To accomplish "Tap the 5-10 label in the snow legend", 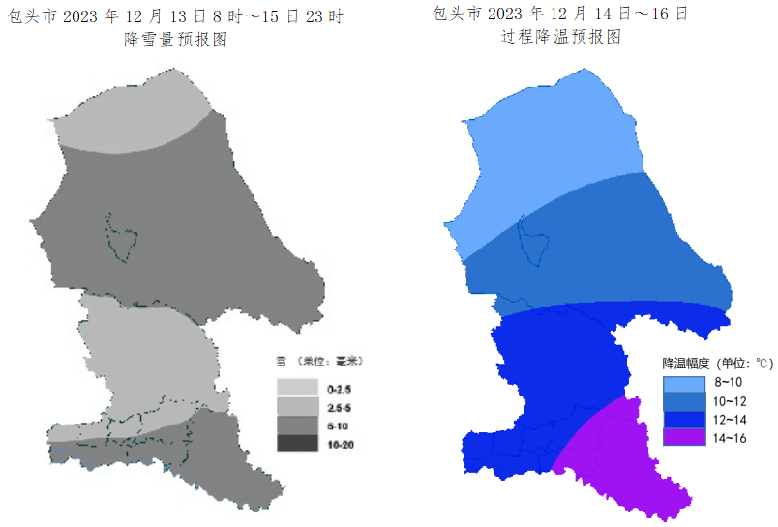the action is coord(339,425).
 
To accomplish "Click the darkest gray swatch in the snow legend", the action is coord(298,443).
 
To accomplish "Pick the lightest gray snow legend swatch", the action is coord(298,388).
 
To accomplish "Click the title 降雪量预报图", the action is coord(175,40).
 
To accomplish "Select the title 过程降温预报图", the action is coord(560,38).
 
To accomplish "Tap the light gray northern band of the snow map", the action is coord(126,121).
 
